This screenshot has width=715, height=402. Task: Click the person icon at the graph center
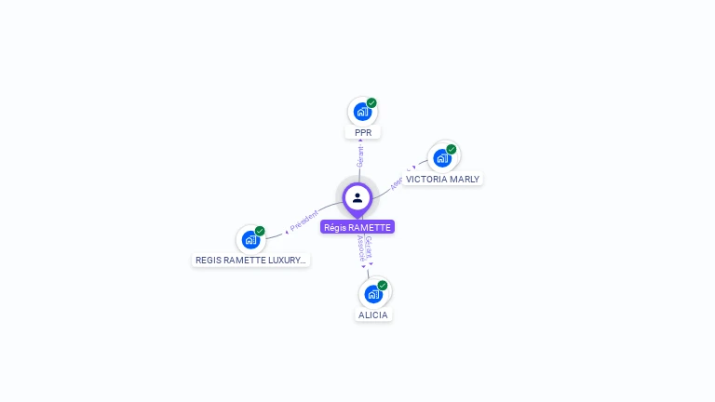pos(357,197)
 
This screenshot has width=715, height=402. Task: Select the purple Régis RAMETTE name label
pos(357,227)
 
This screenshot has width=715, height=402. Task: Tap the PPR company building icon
pos(362,113)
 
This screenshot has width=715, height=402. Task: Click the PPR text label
pos(363,133)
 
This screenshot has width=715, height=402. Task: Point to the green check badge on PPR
pos(371,103)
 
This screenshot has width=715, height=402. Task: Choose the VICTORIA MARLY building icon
pos(442,158)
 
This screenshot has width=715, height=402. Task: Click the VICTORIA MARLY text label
pos(442,179)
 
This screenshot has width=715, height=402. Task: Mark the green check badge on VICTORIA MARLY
pos(452,150)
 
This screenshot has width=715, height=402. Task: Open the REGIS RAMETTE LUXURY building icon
pos(250,239)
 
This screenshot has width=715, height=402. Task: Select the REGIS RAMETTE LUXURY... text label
pos(250,261)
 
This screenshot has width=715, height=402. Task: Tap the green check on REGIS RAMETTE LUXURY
pos(260,231)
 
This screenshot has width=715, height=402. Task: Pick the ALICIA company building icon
pos(373,294)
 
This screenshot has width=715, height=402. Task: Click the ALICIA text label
pos(373,315)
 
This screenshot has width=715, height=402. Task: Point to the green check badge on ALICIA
pos(383,286)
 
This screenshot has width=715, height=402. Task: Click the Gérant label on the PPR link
pos(360,156)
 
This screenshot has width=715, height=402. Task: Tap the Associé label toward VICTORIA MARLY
pos(397,182)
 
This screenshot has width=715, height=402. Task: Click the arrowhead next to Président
pos(287,231)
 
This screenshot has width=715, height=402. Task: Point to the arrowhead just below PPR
pos(361,141)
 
